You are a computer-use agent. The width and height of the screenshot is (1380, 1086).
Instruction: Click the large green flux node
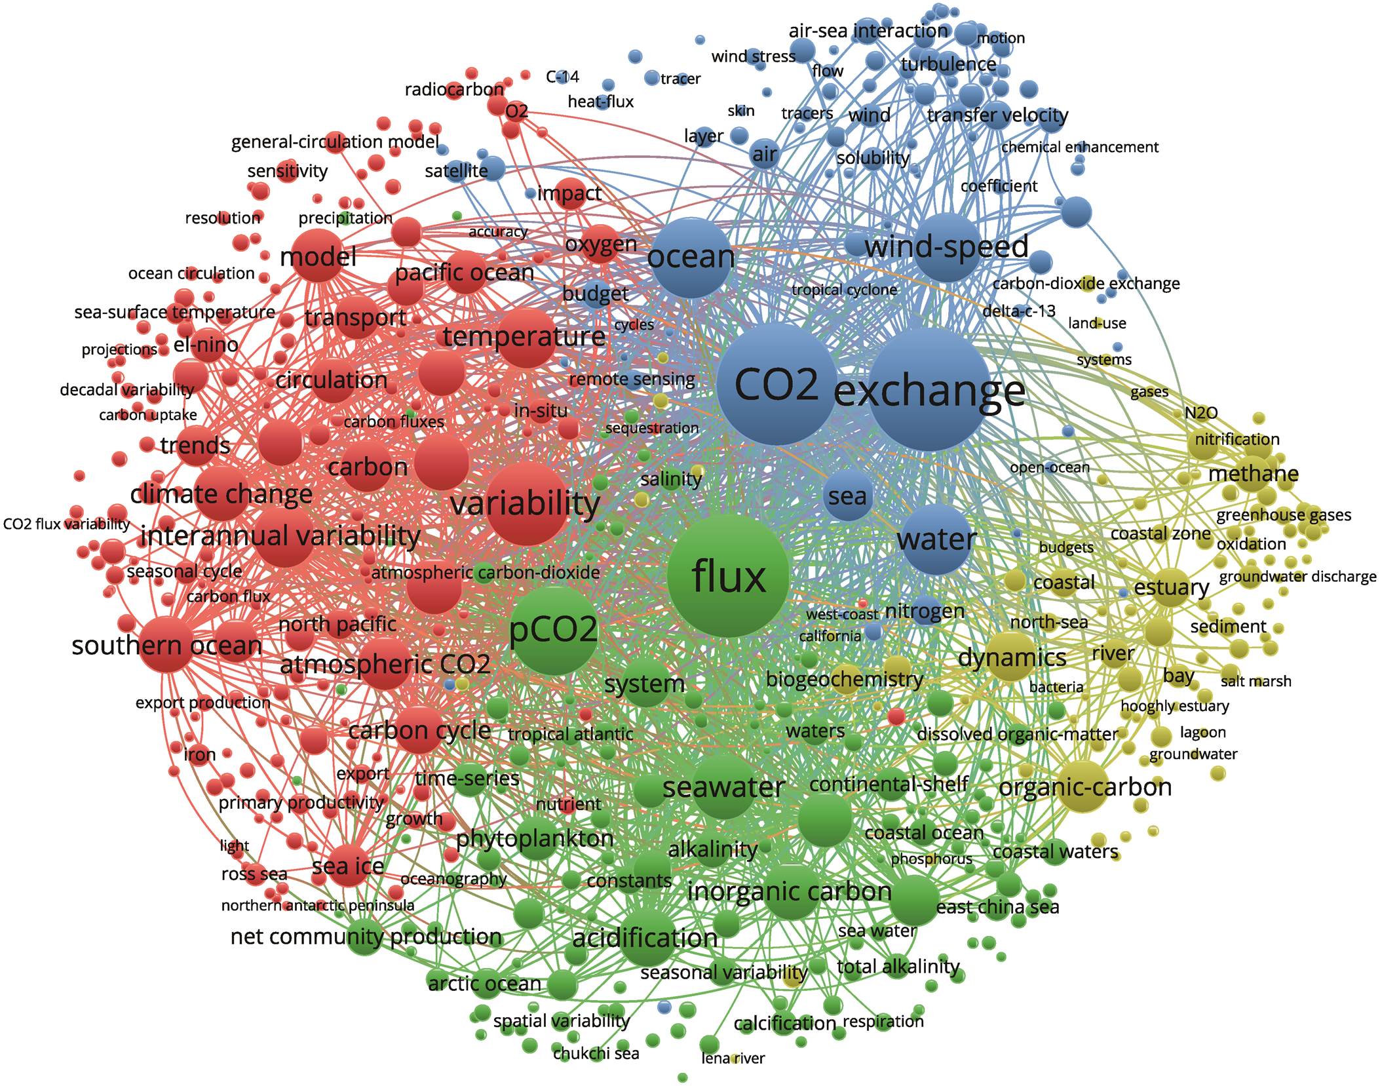(x=728, y=575)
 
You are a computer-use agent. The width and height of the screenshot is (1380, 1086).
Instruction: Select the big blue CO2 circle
(x=777, y=385)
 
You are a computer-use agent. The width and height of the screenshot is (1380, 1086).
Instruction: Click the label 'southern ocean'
(x=167, y=646)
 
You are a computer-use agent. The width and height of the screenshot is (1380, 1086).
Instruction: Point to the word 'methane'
(x=1254, y=474)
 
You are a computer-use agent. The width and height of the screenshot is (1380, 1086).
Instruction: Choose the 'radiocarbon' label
(x=454, y=89)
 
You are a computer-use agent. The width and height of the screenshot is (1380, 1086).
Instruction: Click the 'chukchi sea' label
(x=596, y=1053)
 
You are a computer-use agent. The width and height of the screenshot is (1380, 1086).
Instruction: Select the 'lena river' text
(x=733, y=1058)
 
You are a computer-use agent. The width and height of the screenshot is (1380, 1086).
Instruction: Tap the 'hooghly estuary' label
(x=1175, y=706)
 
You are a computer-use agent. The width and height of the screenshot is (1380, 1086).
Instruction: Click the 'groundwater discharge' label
(x=1297, y=577)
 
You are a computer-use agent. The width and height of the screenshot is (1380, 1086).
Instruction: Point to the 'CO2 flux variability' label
(x=67, y=524)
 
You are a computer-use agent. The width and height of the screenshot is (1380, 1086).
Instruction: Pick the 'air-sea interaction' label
(x=868, y=31)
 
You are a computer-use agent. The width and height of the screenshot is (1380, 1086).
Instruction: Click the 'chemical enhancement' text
(x=1080, y=147)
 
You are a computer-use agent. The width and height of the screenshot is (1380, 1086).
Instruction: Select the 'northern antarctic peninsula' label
(x=318, y=905)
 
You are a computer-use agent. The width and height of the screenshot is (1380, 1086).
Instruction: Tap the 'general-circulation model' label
(x=335, y=142)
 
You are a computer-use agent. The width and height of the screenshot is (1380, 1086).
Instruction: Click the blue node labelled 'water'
(x=936, y=539)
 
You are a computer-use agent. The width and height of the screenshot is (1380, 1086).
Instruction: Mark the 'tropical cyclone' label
(x=844, y=290)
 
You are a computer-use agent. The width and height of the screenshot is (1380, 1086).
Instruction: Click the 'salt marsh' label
(x=1255, y=681)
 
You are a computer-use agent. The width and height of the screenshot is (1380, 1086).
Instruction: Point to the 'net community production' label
(x=366, y=937)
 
